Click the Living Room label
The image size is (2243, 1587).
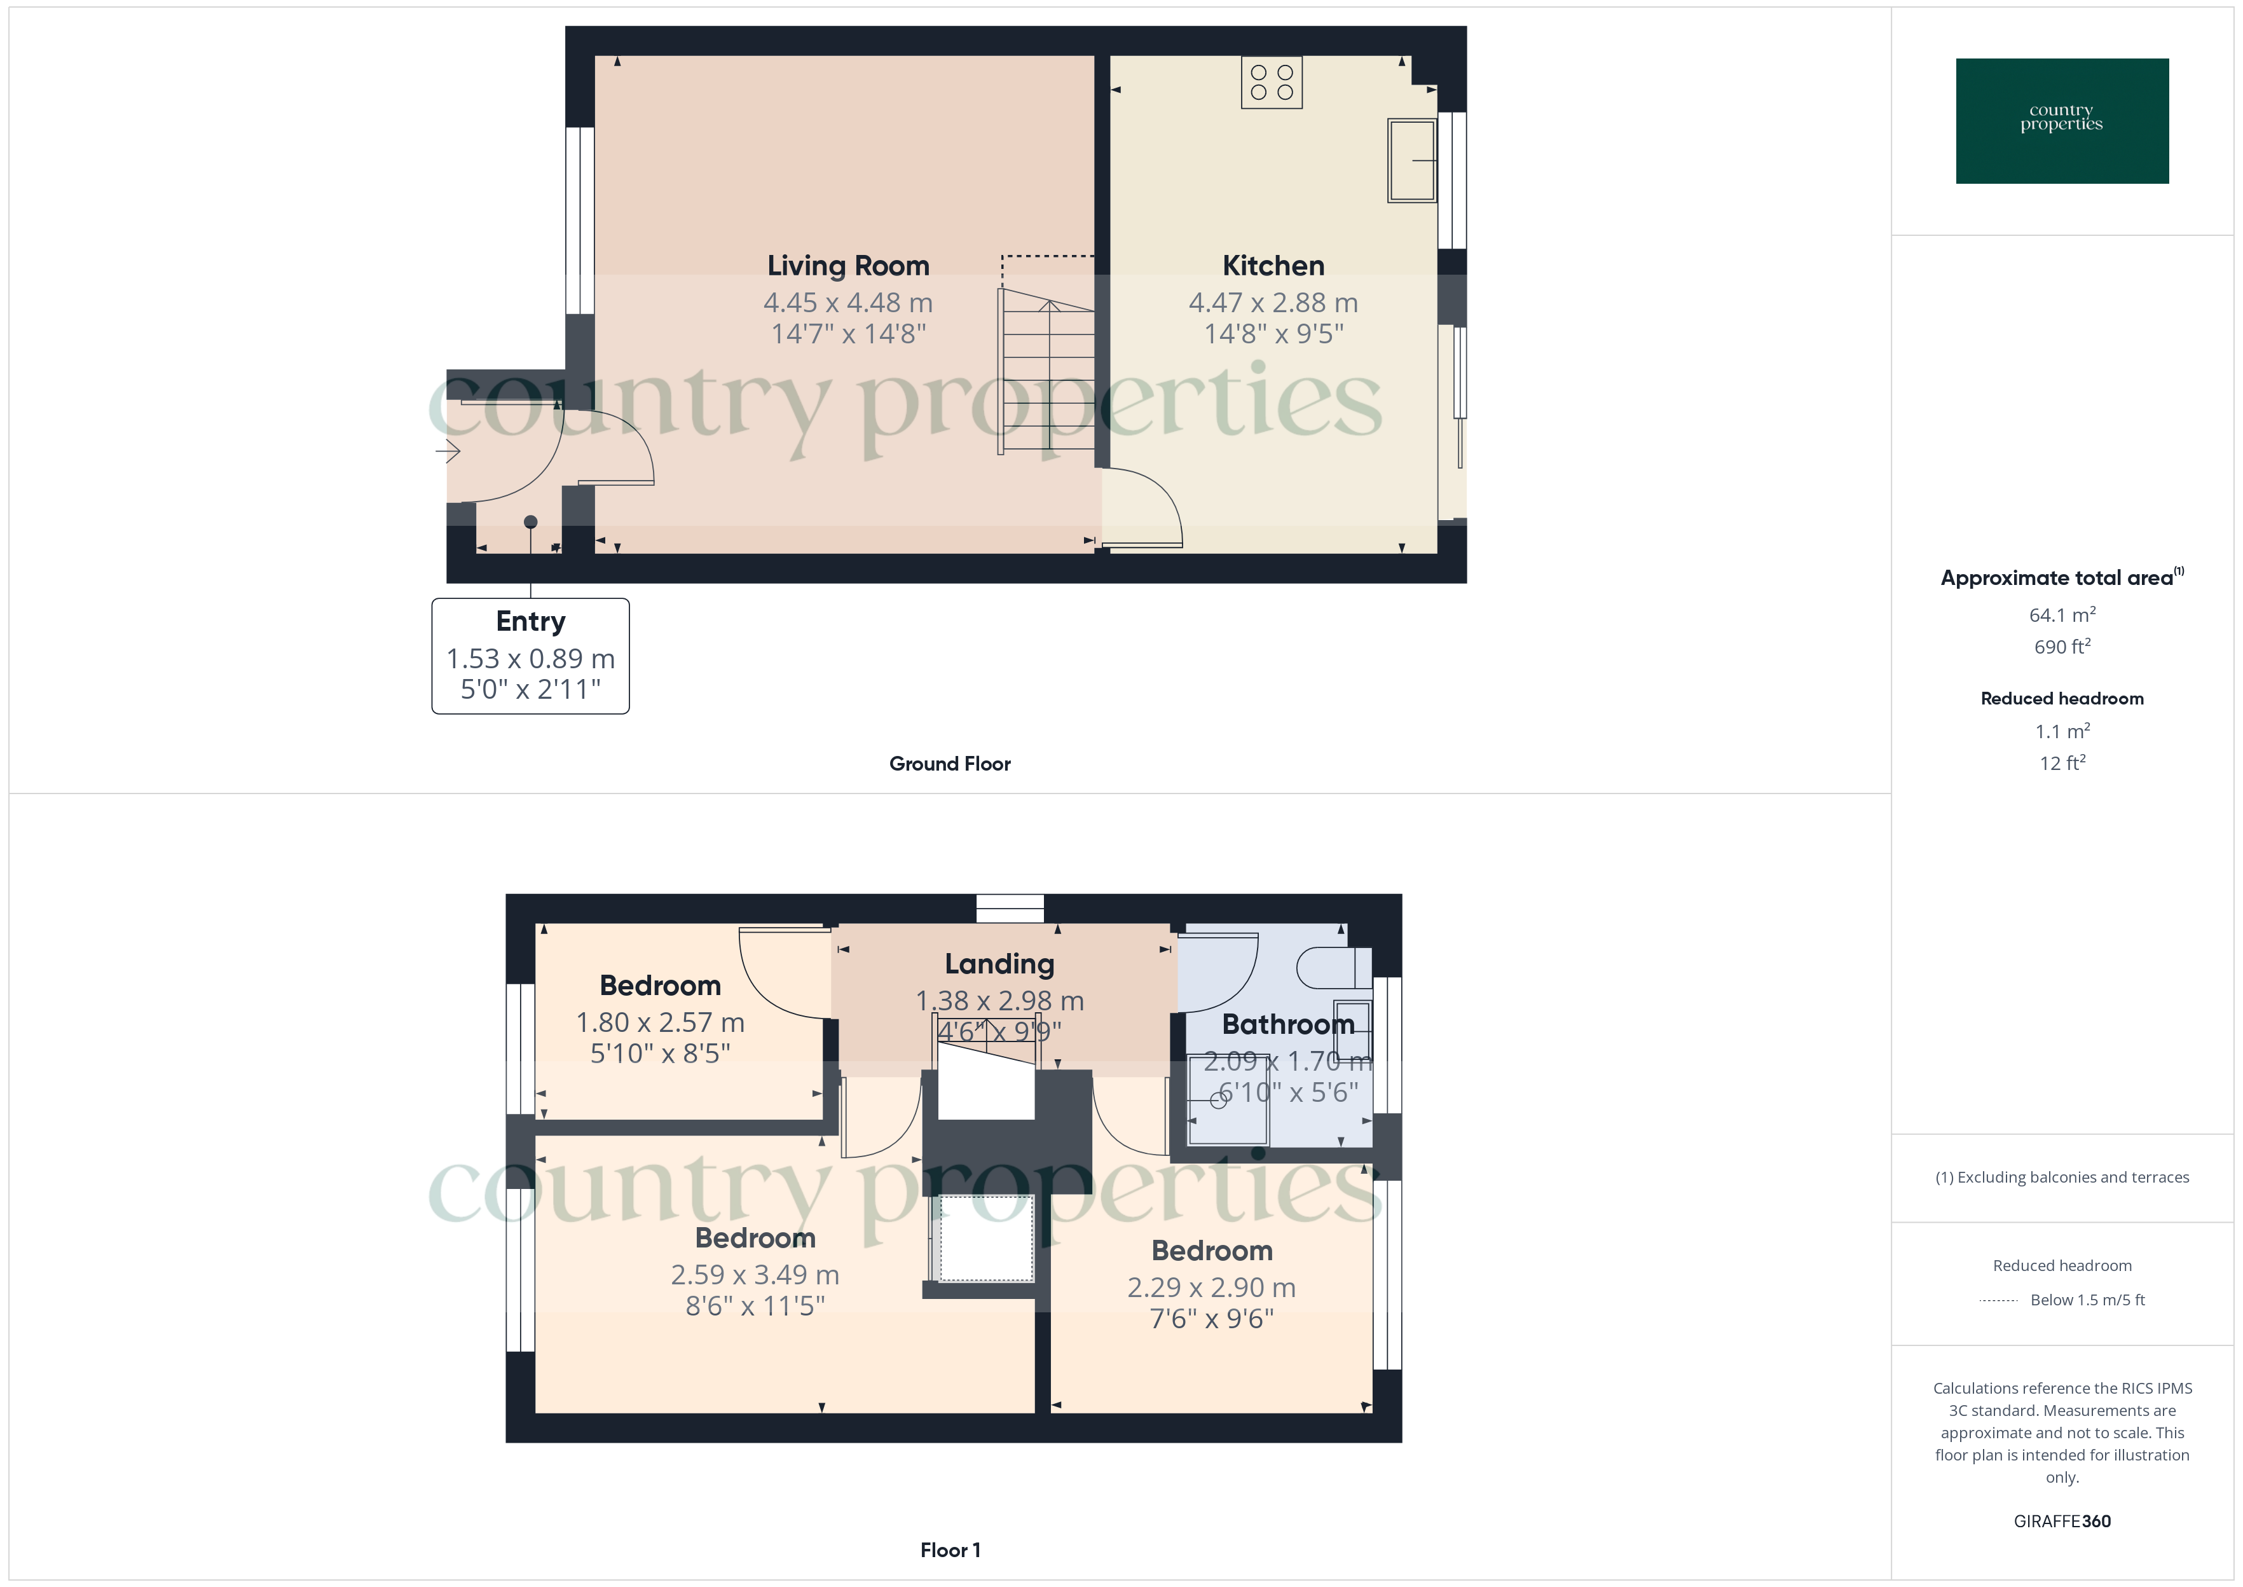(x=848, y=266)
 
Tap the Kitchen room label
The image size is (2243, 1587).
(x=1273, y=266)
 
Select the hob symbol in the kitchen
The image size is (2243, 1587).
(x=1271, y=82)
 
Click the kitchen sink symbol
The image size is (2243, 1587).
(x=1411, y=160)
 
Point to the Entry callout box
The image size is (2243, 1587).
(x=530, y=656)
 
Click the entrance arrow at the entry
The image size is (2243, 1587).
(x=448, y=451)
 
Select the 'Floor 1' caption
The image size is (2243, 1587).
(x=950, y=1550)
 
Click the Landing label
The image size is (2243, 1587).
(x=999, y=965)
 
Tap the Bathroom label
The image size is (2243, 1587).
(x=1287, y=1024)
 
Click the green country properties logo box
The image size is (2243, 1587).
(x=2061, y=121)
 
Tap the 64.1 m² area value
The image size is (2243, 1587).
(x=2061, y=615)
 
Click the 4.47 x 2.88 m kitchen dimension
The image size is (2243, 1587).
(x=1273, y=303)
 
